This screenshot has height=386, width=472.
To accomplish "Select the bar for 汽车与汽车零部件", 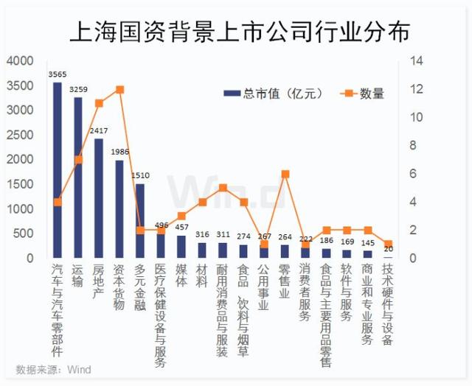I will click(58, 169).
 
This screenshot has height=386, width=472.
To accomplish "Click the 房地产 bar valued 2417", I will click(99, 198).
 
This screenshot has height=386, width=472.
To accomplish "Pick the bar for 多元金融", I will click(140, 221).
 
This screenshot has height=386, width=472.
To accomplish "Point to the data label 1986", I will click(119, 152).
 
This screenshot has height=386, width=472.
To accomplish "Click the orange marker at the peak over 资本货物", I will click(119, 90).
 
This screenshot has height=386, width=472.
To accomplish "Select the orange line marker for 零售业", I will click(285, 174).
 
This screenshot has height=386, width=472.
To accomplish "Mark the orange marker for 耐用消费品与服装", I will click(223, 188).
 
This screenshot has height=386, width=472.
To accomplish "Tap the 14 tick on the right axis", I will click(417, 61).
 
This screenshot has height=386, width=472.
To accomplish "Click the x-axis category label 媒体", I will click(181, 276).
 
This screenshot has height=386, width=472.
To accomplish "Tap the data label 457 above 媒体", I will click(181, 226).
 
